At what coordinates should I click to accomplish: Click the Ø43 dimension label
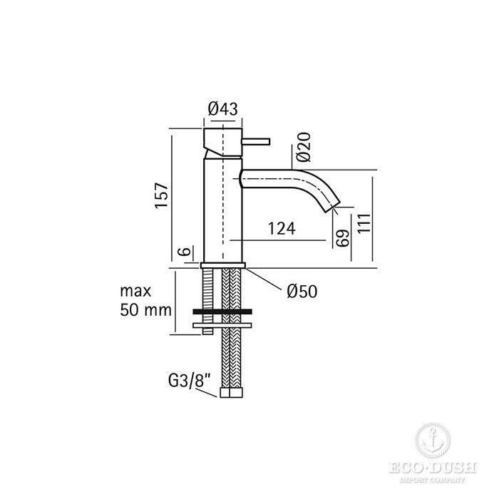coord(222,109)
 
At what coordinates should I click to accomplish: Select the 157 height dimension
coord(161,195)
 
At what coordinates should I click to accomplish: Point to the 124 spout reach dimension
coord(282,228)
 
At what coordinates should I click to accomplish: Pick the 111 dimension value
coord(364,223)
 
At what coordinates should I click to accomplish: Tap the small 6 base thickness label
coord(186,251)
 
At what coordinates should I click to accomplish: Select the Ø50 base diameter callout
coord(302,291)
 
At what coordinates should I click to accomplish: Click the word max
coord(135,291)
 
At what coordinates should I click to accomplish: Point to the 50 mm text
coord(145,309)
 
